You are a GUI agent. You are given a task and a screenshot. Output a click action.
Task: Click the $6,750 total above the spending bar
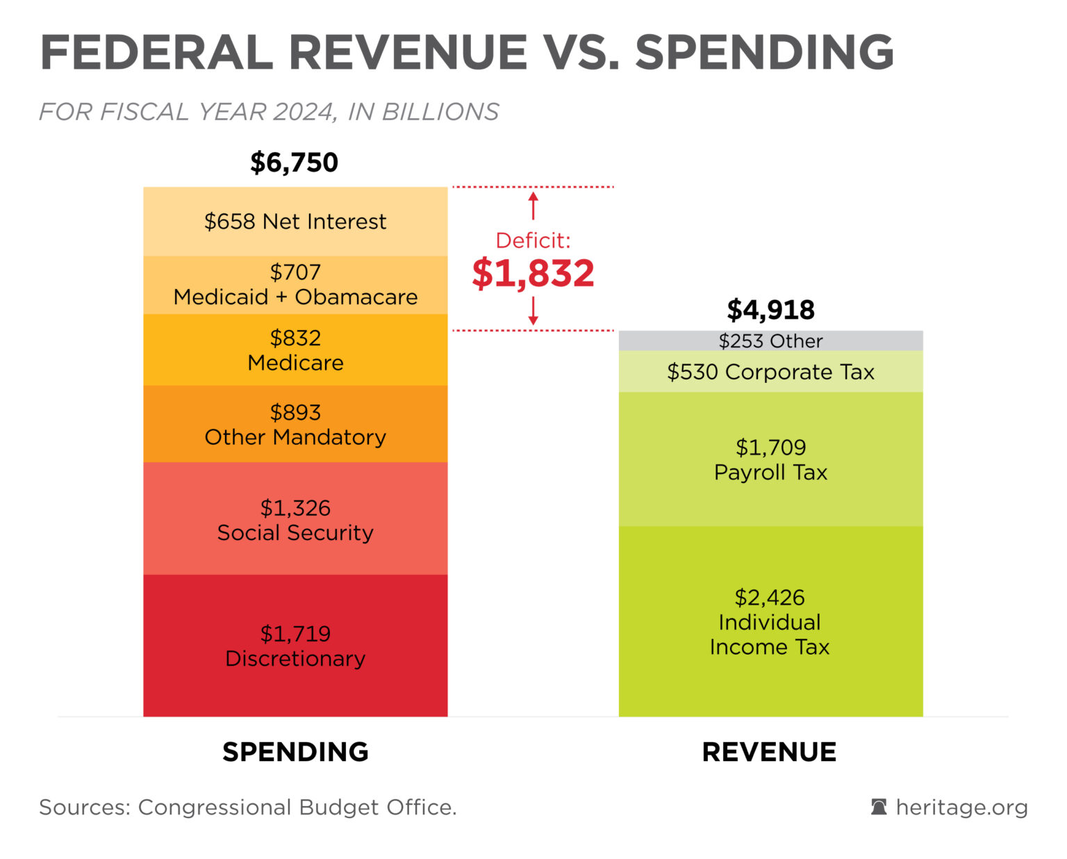tap(294, 163)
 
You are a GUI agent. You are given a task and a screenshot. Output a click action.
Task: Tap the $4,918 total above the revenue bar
tap(770, 310)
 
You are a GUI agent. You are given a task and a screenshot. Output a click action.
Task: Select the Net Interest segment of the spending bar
tap(295, 222)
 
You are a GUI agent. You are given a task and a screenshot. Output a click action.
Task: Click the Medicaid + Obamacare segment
tap(295, 285)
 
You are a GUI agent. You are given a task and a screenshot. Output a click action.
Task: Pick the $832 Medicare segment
tap(295, 350)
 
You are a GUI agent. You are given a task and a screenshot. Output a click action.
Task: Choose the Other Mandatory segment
tap(295, 425)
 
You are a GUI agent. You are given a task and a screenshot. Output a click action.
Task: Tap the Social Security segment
tap(295, 520)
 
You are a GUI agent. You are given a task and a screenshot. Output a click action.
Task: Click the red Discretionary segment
tap(295, 646)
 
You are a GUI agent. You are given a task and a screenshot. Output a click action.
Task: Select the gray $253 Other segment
tap(770, 341)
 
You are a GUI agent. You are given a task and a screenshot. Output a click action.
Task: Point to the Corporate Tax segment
tap(770, 372)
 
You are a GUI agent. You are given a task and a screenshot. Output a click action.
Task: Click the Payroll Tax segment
tap(770, 459)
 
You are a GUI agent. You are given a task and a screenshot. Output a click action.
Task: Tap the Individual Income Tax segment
tap(770, 622)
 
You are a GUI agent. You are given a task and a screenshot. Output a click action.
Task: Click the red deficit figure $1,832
tap(533, 273)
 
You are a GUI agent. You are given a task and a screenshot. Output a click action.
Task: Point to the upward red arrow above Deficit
tap(533, 206)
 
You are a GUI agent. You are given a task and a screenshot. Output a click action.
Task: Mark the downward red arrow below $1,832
tap(533, 311)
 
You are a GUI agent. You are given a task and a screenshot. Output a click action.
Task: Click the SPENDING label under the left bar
tap(295, 752)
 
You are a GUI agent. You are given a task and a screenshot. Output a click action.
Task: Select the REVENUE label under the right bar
tap(769, 752)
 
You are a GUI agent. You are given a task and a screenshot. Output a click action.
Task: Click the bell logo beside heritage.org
tap(879, 807)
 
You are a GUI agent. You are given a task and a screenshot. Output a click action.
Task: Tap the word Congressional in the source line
tap(215, 808)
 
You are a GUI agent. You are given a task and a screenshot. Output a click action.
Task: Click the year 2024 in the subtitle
tap(304, 112)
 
